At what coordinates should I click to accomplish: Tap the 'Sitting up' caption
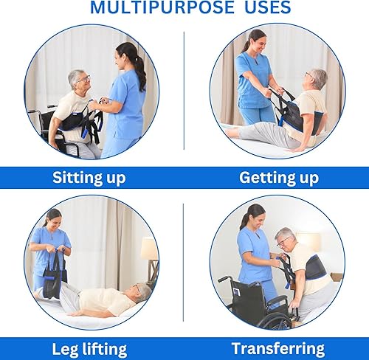tap(89, 177)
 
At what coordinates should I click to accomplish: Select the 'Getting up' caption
tap(279, 177)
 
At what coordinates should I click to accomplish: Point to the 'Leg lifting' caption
tap(89, 348)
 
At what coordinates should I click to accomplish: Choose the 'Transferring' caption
tap(278, 348)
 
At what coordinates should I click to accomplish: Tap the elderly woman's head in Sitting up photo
tap(78, 80)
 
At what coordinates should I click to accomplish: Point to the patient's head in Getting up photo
tap(317, 80)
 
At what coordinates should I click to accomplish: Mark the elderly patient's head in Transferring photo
tap(286, 238)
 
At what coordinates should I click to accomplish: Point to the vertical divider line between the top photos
tap(184, 92)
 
